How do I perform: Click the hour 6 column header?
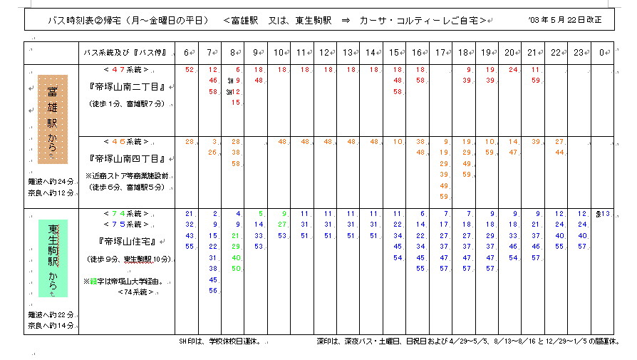(x=187, y=53)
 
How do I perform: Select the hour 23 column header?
(x=579, y=53)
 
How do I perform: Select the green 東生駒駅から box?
(x=53, y=257)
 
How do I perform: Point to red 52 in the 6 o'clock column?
(x=189, y=70)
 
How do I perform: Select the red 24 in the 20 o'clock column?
(x=513, y=70)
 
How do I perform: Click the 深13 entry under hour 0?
(x=604, y=214)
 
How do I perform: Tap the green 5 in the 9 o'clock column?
(x=261, y=213)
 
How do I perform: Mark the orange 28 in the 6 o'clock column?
(x=189, y=142)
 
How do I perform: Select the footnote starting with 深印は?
(x=467, y=341)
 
